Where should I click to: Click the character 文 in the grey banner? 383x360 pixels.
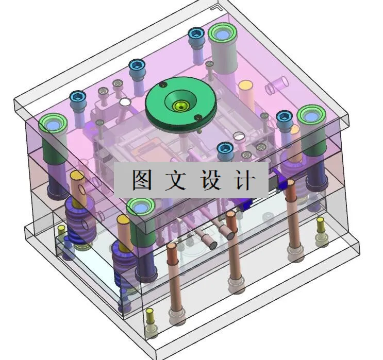tap(174, 180)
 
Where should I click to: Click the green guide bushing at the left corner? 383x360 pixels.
tap(54, 124)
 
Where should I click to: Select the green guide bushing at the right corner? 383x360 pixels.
tap(311, 116)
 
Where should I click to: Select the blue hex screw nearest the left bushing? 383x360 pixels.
tap(77, 96)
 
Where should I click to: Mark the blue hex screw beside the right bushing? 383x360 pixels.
tap(284, 116)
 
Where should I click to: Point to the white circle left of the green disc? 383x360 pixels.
tap(125, 102)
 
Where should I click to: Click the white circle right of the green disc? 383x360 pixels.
tap(238, 136)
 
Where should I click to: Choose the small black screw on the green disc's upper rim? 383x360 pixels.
tap(163, 84)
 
